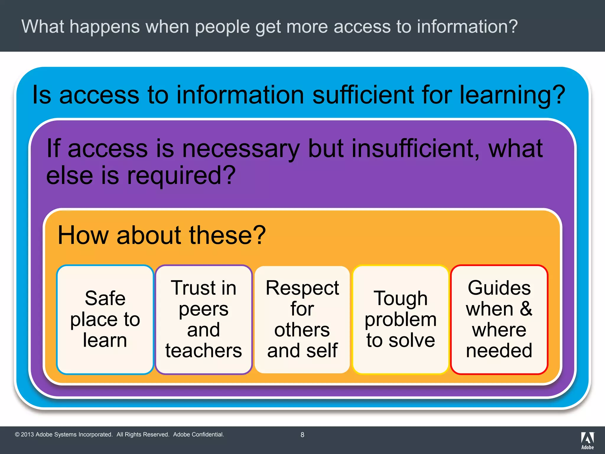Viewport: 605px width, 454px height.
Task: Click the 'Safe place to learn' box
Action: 105,319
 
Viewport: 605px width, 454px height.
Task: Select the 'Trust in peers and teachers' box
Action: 204,319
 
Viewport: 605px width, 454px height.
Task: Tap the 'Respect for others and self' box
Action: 302,319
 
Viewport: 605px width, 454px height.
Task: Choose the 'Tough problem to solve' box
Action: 401,319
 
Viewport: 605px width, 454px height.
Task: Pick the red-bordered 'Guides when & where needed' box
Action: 499,319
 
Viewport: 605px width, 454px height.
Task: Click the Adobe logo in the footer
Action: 587,440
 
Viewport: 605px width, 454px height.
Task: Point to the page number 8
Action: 302,435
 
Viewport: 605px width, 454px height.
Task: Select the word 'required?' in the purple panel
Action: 181,176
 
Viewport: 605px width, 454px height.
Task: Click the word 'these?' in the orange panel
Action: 227,235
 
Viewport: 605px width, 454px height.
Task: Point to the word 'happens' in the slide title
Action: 105,27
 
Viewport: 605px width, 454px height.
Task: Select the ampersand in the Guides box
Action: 526,309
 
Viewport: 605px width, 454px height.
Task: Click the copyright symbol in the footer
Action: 17,434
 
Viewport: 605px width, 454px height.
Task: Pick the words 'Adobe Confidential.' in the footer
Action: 199,434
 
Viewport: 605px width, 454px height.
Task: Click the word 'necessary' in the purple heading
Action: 241,148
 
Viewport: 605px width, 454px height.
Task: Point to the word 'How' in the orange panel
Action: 83,235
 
